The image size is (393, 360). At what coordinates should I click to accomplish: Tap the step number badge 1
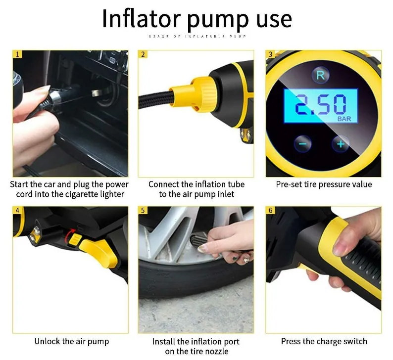(17, 54)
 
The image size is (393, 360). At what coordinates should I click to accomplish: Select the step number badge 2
(143, 54)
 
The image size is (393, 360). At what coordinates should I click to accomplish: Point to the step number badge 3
(270, 54)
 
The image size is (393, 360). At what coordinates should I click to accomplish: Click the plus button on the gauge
(341, 144)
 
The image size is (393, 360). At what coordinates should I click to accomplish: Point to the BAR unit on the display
(344, 119)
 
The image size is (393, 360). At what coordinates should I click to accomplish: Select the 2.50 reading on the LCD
(319, 105)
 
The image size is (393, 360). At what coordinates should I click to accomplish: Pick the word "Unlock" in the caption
(48, 341)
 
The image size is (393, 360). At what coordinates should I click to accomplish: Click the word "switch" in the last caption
(353, 341)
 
